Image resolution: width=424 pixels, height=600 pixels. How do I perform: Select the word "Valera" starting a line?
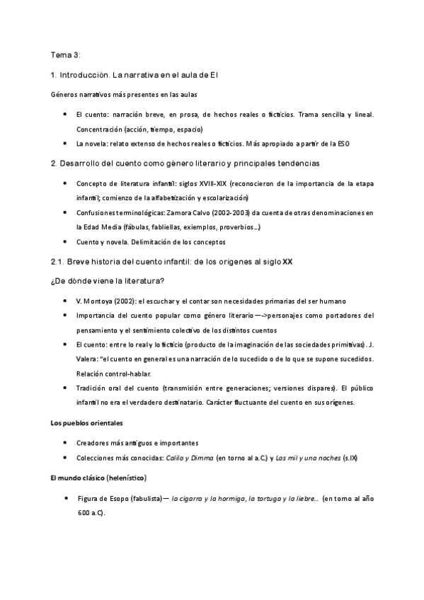[88, 359]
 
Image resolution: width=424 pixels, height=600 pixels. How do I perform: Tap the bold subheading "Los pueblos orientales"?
[87, 423]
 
